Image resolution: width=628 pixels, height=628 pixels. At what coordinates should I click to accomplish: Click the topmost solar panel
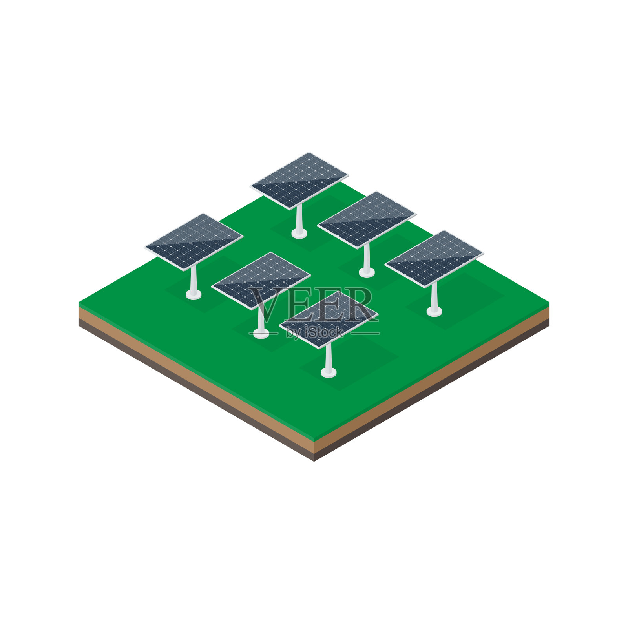[299, 181]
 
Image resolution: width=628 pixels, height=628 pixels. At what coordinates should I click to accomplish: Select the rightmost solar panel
[434, 259]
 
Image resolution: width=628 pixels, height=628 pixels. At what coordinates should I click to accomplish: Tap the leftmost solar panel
[194, 242]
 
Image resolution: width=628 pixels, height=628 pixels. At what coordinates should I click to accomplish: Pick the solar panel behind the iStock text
[329, 319]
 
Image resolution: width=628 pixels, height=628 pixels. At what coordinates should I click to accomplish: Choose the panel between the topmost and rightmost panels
[367, 220]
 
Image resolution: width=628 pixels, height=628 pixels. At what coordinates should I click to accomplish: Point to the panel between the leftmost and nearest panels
[261, 281]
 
